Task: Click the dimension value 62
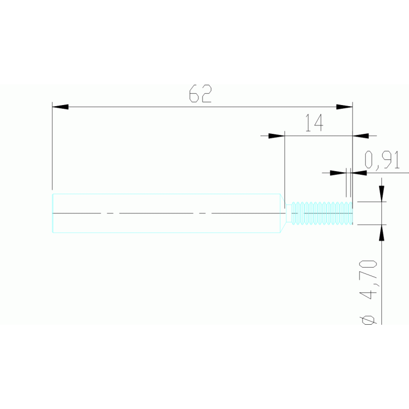click(x=201, y=94)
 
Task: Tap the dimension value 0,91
click(x=382, y=160)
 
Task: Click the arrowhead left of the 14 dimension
click(x=276, y=135)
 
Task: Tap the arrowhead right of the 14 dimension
click(x=361, y=135)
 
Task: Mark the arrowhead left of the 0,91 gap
click(x=338, y=173)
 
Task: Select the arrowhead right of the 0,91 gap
click(x=359, y=173)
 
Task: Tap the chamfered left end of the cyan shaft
click(x=53, y=213)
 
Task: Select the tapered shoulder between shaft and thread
click(x=283, y=213)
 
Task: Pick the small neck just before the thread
click(x=289, y=213)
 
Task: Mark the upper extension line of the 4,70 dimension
click(x=371, y=202)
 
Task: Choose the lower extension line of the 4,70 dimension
click(x=371, y=225)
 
